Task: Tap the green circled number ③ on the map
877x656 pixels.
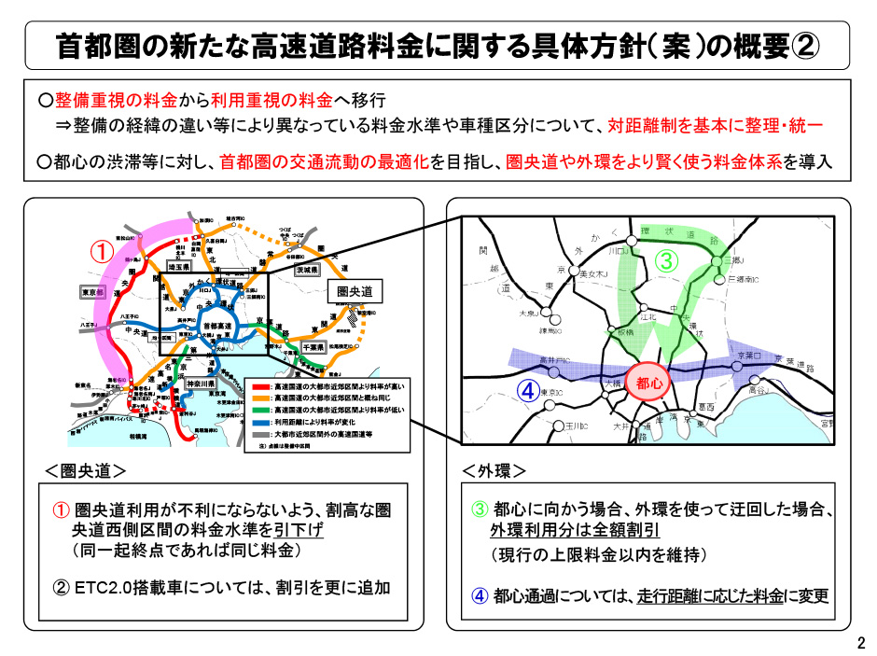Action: [x=666, y=261]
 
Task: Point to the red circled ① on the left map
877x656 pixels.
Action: [x=102, y=252]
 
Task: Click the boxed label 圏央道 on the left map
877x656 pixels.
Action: [x=358, y=292]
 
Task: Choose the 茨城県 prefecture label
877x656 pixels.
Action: [x=307, y=269]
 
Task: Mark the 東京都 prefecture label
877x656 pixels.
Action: [x=93, y=291]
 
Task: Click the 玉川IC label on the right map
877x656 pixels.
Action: [x=577, y=426]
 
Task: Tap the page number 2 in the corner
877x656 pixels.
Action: [x=861, y=642]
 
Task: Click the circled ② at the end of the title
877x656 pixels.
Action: [x=805, y=44]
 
